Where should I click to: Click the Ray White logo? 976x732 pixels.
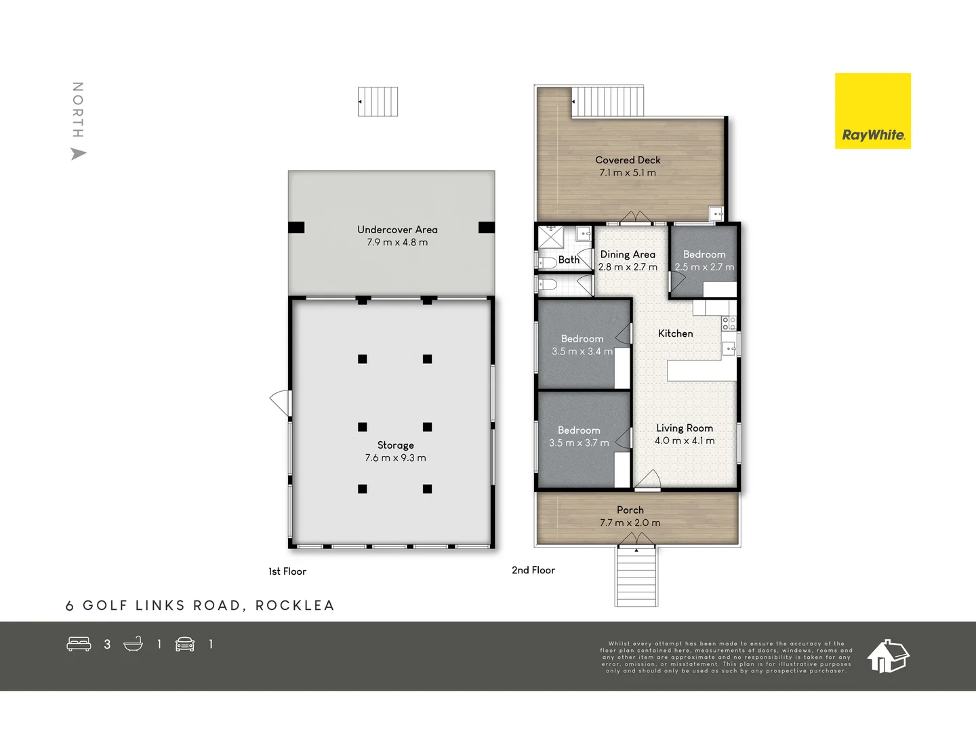pos(872,111)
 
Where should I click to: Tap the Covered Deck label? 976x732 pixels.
pos(628,160)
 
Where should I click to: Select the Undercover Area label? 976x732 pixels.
pos(397,230)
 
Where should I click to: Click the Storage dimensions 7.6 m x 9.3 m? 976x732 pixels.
pos(395,458)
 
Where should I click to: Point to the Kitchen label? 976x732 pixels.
pos(675,333)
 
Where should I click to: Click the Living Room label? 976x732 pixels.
pos(684,428)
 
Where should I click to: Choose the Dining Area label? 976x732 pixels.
pos(628,254)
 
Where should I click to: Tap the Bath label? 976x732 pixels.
pos(569,260)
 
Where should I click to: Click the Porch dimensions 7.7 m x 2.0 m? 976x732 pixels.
pos(630,523)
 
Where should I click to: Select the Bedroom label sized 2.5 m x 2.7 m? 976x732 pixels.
pos(704,254)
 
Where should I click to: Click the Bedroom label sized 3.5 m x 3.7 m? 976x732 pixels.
pos(579,430)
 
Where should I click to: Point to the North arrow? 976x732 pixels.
pos(79,154)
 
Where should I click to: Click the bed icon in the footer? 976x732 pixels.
pos(79,644)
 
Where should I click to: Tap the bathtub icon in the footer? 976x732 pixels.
pos(134,644)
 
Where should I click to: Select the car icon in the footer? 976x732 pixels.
pos(185,644)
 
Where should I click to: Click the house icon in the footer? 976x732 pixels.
pos(888,656)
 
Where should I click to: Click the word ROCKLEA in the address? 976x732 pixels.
pos(295,605)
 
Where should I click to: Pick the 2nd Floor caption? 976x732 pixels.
pos(533,571)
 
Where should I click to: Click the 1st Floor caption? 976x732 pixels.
pos(287,571)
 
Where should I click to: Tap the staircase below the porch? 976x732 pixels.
pos(636,576)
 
